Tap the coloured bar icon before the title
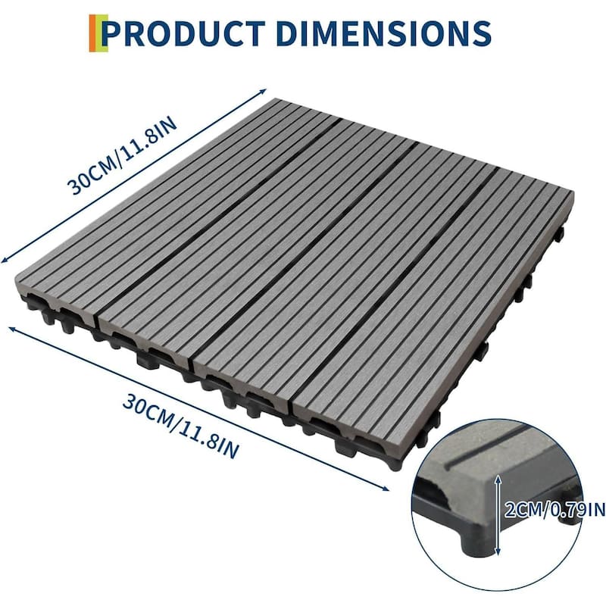pos(93,33)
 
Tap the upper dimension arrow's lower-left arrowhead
pos(5,258)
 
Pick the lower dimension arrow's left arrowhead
pos(11,328)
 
